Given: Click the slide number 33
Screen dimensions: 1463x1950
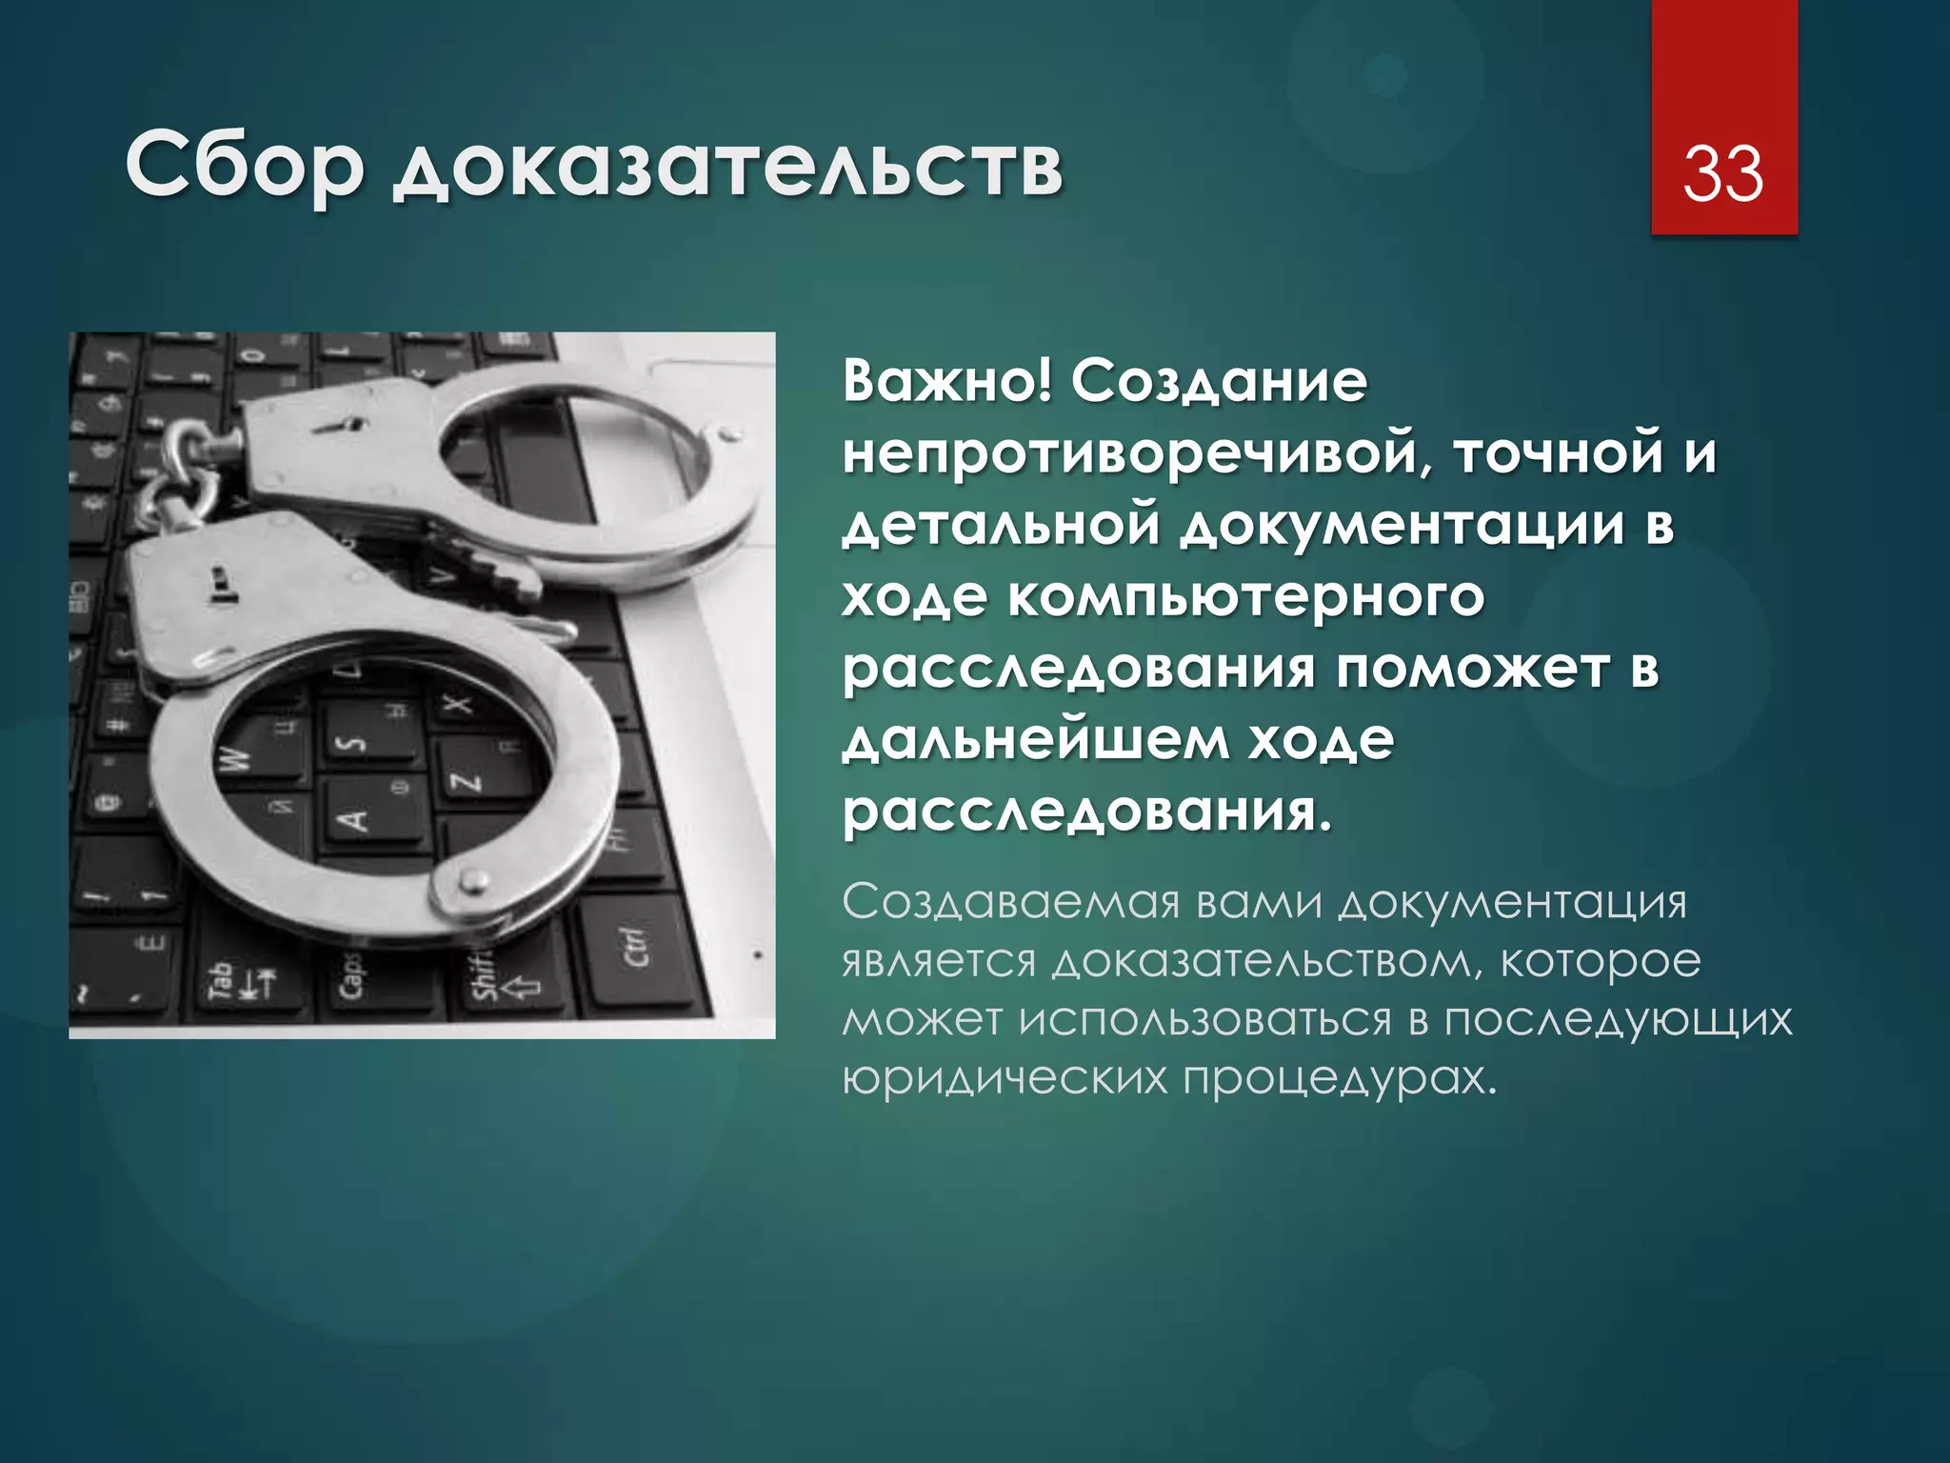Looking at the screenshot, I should click(x=1723, y=173).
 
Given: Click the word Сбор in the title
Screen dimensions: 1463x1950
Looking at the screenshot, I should click(x=244, y=166).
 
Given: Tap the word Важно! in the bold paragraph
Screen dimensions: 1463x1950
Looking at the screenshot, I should click(x=946, y=382).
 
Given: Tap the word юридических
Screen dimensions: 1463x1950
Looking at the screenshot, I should click(x=1005, y=1078).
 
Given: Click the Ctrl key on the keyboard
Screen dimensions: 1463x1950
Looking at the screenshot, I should click(x=636, y=946).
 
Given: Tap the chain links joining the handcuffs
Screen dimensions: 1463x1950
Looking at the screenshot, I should click(x=181, y=476).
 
